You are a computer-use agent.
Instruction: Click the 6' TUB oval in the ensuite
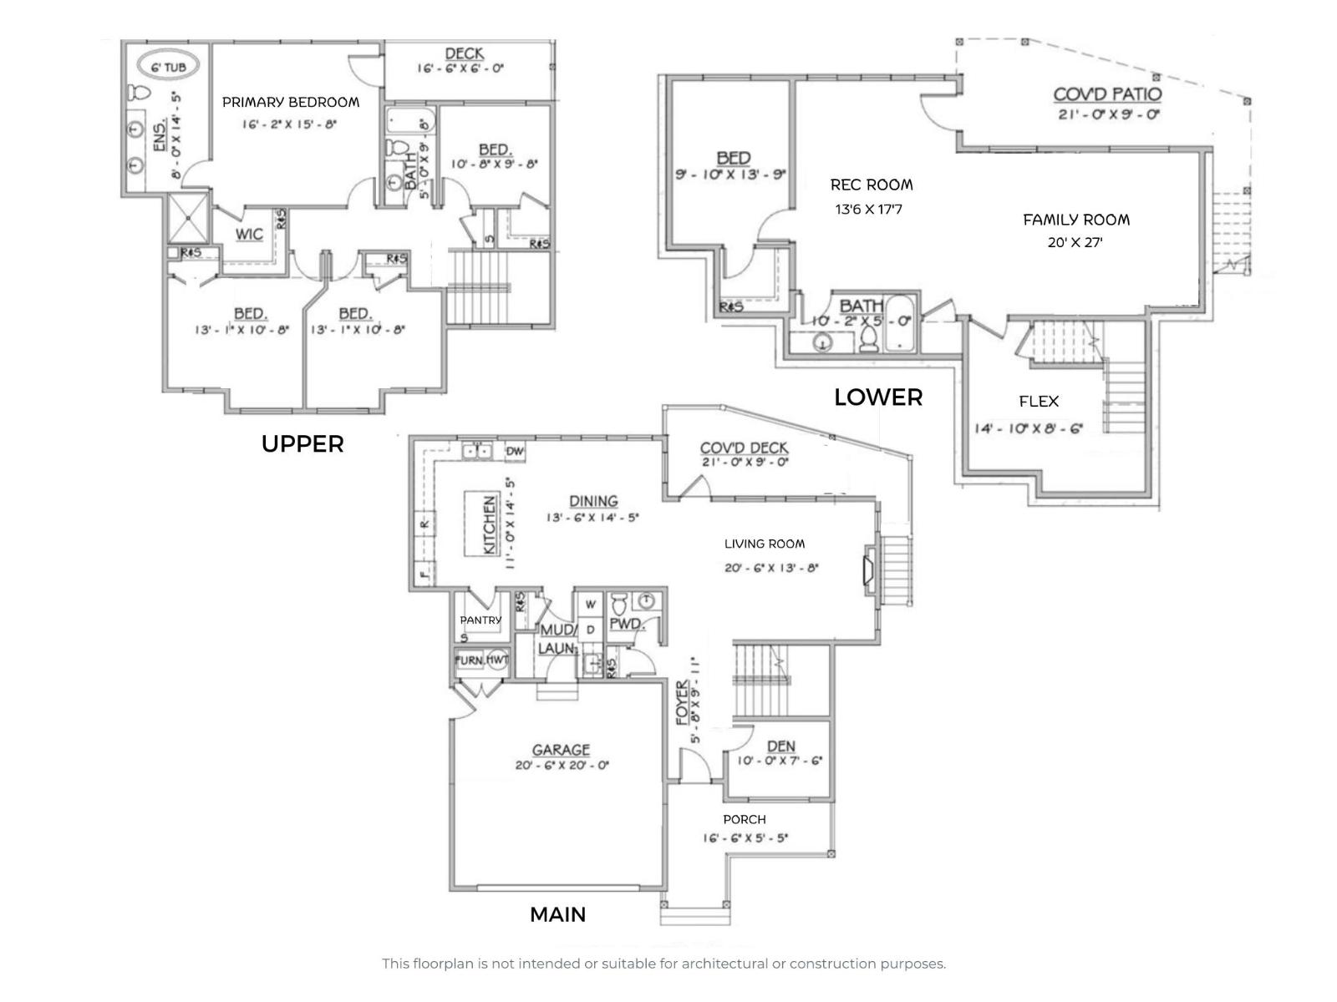(x=173, y=67)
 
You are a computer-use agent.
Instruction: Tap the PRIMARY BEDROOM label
(x=291, y=102)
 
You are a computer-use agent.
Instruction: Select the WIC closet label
(x=249, y=234)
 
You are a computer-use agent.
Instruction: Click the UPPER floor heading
(x=302, y=444)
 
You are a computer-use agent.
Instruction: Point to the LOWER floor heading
(x=878, y=397)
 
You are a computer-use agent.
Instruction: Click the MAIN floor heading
(x=557, y=914)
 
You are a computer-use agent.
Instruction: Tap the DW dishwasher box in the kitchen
(x=515, y=452)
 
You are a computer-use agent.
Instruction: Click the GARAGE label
(x=561, y=750)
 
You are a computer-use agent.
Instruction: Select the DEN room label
(x=780, y=746)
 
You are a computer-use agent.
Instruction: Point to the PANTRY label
(x=480, y=620)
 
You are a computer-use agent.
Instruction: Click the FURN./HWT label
(x=481, y=660)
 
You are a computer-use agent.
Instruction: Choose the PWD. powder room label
(x=625, y=624)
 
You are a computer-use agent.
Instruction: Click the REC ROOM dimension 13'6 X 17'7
(x=869, y=209)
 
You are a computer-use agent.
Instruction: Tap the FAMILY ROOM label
(x=1076, y=220)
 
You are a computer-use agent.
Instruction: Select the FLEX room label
(x=1039, y=402)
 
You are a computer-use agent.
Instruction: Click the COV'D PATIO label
(x=1107, y=94)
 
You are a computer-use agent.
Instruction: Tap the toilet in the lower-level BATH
(x=868, y=338)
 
